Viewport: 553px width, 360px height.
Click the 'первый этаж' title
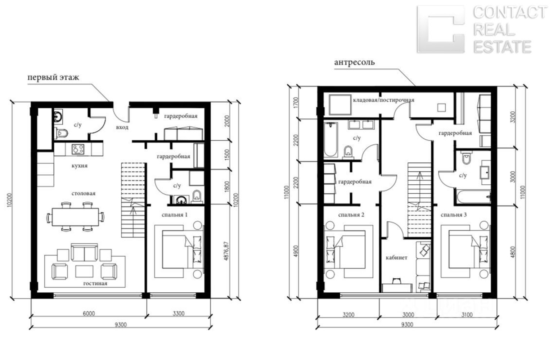[53, 77]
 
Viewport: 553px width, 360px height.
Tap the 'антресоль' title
[354, 62]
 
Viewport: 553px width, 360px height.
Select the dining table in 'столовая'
[75, 217]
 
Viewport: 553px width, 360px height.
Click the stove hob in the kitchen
[78, 149]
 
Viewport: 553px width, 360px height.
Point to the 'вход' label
[122, 127]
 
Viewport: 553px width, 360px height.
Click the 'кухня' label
[80, 166]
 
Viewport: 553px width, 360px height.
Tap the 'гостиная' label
[95, 283]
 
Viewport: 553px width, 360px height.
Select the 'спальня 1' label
[175, 215]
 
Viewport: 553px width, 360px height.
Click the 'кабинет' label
[396, 257]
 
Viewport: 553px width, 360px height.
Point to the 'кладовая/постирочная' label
[384, 100]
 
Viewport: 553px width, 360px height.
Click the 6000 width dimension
[89, 313]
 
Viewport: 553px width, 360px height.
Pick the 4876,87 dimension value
[227, 251]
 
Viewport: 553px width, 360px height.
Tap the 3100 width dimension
[467, 315]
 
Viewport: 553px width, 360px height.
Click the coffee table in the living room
[84, 271]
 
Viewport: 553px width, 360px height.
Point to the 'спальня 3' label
[454, 215]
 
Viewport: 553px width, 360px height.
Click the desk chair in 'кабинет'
[396, 280]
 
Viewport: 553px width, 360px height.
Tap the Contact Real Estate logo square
[441, 29]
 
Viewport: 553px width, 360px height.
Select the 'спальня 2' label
[351, 215]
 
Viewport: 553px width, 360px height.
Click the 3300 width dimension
[179, 313]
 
